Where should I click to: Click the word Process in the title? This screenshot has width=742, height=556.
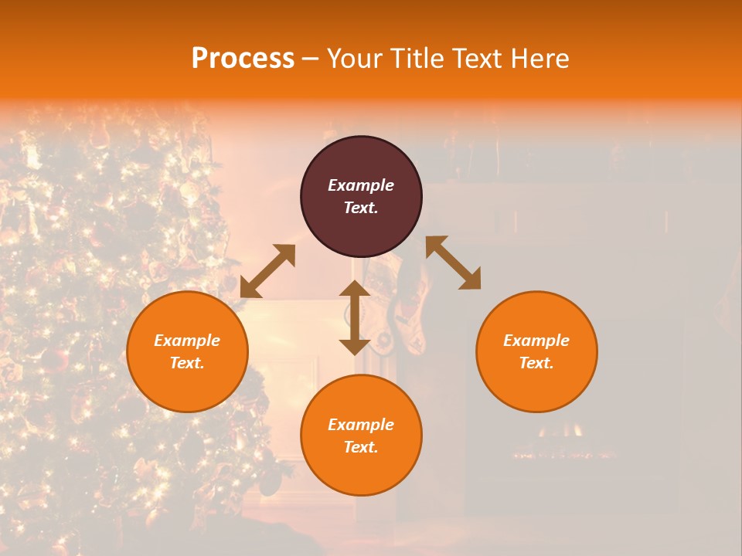[x=243, y=59]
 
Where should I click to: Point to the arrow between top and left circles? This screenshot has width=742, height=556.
[x=267, y=271]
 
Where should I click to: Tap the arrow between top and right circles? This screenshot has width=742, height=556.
[x=453, y=263]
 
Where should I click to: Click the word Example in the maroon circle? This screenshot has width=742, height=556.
[x=361, y=185]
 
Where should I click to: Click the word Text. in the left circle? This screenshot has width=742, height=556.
[x=187, y=363]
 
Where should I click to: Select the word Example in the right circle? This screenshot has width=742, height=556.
[x=536, y=341]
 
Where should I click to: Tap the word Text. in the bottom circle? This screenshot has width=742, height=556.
[x=361, y=447]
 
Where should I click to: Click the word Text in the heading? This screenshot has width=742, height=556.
[x=477, y=59]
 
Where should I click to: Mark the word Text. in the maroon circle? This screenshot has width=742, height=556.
[x=361, y=208]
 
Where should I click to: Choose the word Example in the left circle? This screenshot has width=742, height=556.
[x=187, y=341]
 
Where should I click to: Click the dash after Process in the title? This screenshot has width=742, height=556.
[x=310, y=59]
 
